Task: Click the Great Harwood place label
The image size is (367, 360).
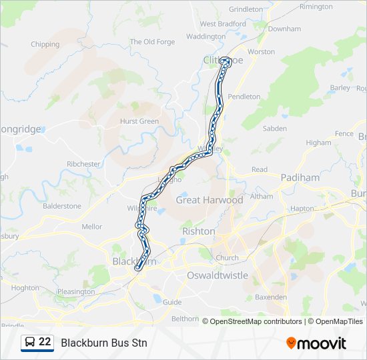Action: click(209, 200)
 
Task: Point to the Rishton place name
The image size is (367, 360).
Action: click(199, 231)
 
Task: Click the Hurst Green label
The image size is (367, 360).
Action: click(139, 121)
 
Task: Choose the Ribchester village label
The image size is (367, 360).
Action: click(83, 164)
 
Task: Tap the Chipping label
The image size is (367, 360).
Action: click(45, 45)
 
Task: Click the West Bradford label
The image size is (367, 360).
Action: click(222, 24)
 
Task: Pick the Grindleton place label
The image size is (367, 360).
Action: click(246, 9)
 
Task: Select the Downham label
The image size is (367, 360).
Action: click(284, 29)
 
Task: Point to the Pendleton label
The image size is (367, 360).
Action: click(244, 97)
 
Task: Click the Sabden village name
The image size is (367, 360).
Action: click(275, 129)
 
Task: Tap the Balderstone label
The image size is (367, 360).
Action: click(61, 206)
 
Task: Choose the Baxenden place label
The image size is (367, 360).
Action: click(271, 297)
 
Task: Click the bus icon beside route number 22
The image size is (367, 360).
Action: click(30, 342)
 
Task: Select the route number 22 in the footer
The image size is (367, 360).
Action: click(45, 342)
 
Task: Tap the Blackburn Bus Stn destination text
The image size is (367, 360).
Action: click(104, 343)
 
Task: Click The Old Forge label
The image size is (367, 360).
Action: click(152, 42)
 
